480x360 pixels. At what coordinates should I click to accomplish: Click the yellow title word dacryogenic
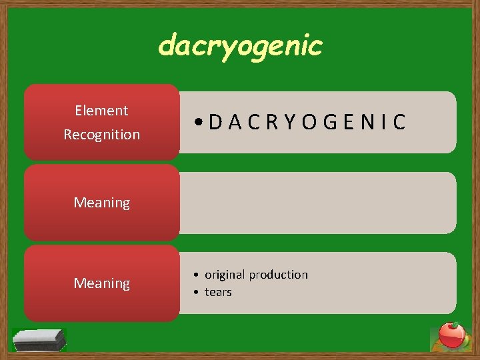pyautogui.click(x=240, y=46)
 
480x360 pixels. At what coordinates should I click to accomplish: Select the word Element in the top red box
pyautogui.click(x=101, y=111)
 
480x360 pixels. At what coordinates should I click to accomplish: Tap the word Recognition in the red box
pyautogui.click(x=101, y=135)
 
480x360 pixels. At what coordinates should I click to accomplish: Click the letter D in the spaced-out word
pyautogui.click(x=215, y=123)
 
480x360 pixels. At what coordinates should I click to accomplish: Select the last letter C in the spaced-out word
pyautogui.click(x=399, y=123)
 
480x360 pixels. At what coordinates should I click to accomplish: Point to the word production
pyautogui.click(x=280, y=275)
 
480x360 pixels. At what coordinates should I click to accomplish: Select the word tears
pyautogui.click(x=218, y=292)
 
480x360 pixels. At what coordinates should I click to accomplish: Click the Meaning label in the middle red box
pyautogui.click(x=101, y=203)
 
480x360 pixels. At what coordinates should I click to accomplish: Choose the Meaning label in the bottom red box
pyautogui.click(x=101, y=283)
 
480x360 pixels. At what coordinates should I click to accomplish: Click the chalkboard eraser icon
pyautogui.click(x=39, y=339)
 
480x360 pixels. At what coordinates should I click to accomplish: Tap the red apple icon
pyautogui.click(x=452, y=335)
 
